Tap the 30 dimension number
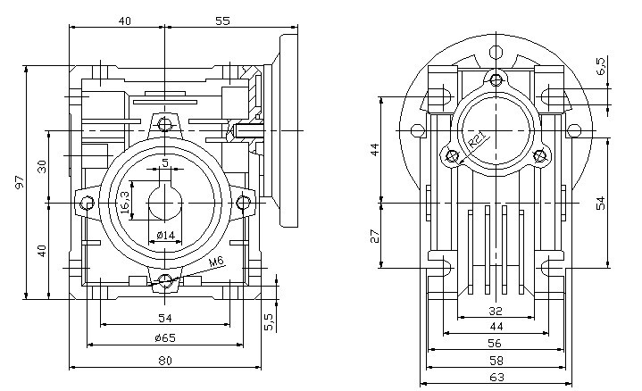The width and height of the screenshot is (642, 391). coord(40,167)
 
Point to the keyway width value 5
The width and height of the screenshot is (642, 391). coord(165,162)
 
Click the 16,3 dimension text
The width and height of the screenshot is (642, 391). coord(124,202)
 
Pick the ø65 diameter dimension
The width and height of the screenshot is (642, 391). coord(164,338)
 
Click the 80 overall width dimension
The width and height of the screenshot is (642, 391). coord(164,361)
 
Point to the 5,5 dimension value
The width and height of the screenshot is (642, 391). coord(269,320)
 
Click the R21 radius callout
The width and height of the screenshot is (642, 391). coord(476,141)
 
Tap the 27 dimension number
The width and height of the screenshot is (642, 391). coord(375,236)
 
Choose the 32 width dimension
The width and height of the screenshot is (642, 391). coord(496,312)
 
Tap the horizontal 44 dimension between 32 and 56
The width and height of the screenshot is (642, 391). coord(496,327)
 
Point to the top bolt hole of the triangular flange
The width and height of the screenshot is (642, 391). coord(496,79)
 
